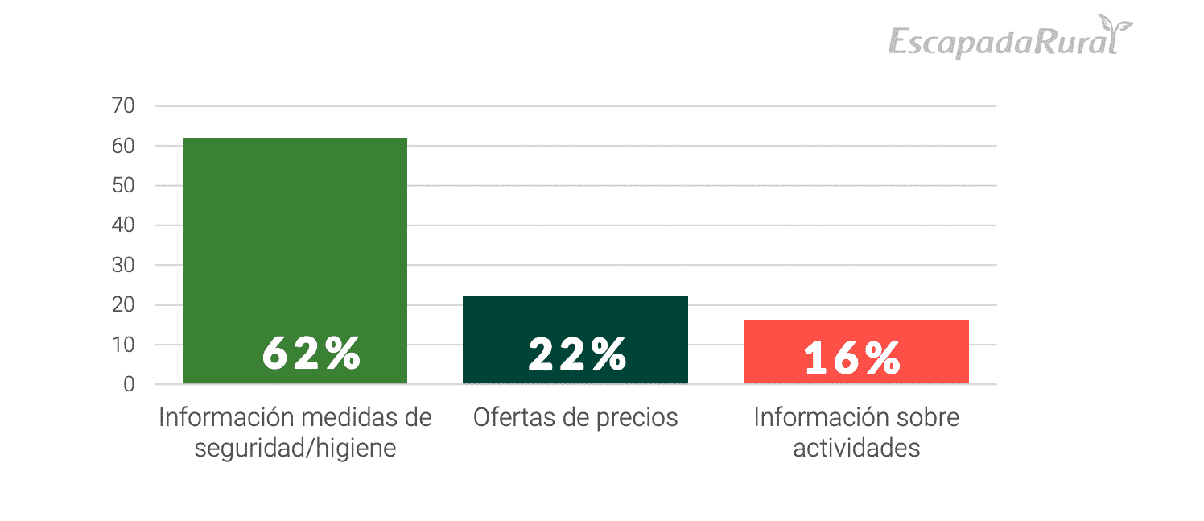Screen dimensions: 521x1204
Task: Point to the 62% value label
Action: coord(311,354)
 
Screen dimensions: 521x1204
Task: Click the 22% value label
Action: coord(577,354)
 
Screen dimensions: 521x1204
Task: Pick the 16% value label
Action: coord(851,358)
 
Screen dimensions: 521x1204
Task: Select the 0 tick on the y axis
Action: coord(129,385)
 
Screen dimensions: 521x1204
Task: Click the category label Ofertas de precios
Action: coord(575,418)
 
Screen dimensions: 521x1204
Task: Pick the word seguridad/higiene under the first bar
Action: coord(295,448)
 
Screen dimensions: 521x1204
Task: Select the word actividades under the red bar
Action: coord(856,448)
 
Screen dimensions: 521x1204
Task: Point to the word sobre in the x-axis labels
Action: coord(923,418)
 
